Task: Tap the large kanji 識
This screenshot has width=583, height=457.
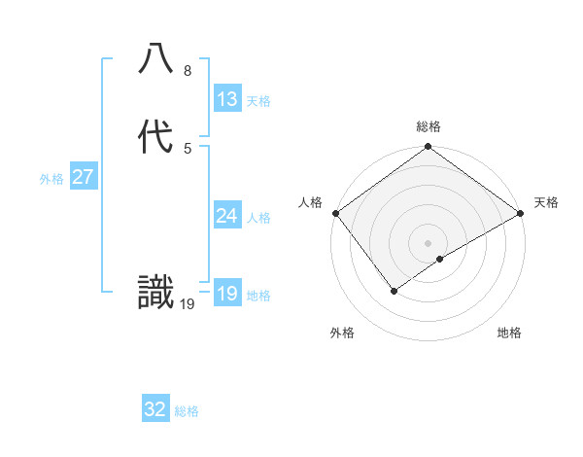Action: click(x=156, y=293)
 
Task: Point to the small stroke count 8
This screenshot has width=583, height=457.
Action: click(x=188, y=71)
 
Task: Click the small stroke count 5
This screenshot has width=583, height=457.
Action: click(x=188, y=148)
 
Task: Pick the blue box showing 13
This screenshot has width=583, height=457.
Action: click(x=227, y=99)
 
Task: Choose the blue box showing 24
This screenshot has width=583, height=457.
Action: click(x=227, y=215)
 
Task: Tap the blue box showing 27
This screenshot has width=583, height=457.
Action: click(x=84, y=177)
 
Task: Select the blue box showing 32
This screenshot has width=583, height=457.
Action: click(x=155, y=409)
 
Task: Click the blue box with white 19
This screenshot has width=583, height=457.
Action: click(x=227, y=294)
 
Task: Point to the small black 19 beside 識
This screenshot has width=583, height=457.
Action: click(x=188, y=304)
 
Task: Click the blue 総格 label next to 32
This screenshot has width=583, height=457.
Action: click(x=188, y=411)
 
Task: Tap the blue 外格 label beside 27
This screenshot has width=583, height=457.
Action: click(x=51, y=179)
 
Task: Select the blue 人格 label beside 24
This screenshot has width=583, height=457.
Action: click(x=259, y=217)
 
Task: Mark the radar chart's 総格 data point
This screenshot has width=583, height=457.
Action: click(x=428, y=148)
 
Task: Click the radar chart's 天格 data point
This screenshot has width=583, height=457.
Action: click(x=521, y=213)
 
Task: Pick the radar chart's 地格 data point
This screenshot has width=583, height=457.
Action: click(x=440, y=259)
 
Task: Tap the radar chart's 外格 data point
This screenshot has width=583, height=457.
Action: click(x=394, y=290)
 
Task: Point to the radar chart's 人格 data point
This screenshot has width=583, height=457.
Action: click(x=335, y=213)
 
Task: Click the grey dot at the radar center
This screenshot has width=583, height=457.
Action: click(x=428, y=242)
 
